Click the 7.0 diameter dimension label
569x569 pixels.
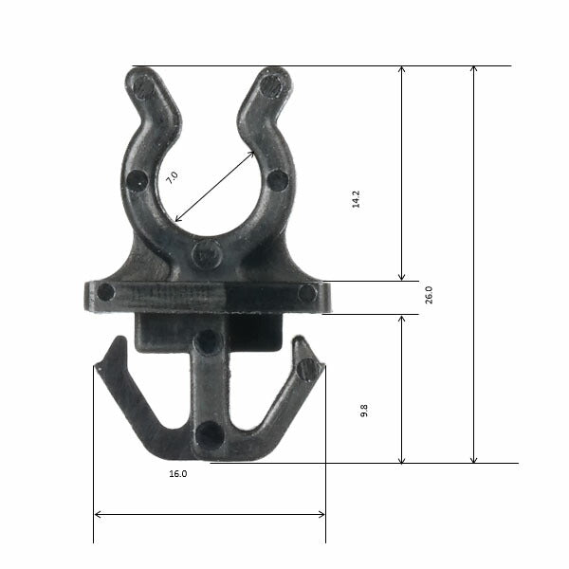click(x=172, y=177)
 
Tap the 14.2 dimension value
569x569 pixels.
click(x=357, y=198)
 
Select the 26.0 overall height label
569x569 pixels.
click(x=428, y=295)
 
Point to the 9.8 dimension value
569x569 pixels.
click(x=364, y=411)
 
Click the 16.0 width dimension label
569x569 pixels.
click(x=177, y=472)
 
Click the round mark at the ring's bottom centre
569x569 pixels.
click(x=207, y=253)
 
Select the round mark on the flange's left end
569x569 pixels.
click(x=105, y=292)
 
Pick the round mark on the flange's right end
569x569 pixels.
click(x=307, y=293)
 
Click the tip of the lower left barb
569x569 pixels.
click(x=118, y=340)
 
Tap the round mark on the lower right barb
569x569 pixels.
click(x=305, y=368)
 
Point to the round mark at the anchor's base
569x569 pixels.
click(x=210, y=435)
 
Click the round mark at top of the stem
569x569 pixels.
click(x=208, y=342)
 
